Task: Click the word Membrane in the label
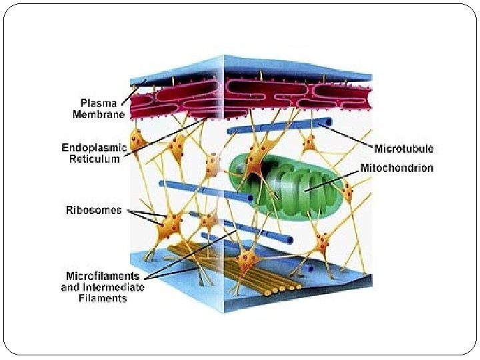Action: click(99, 115)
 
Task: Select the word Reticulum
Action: click(95, 159)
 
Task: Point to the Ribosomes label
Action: click(94, 211)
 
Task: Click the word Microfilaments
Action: click(103, 276)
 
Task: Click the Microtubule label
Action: click(403, 147)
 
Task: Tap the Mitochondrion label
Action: click(396, 168)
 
